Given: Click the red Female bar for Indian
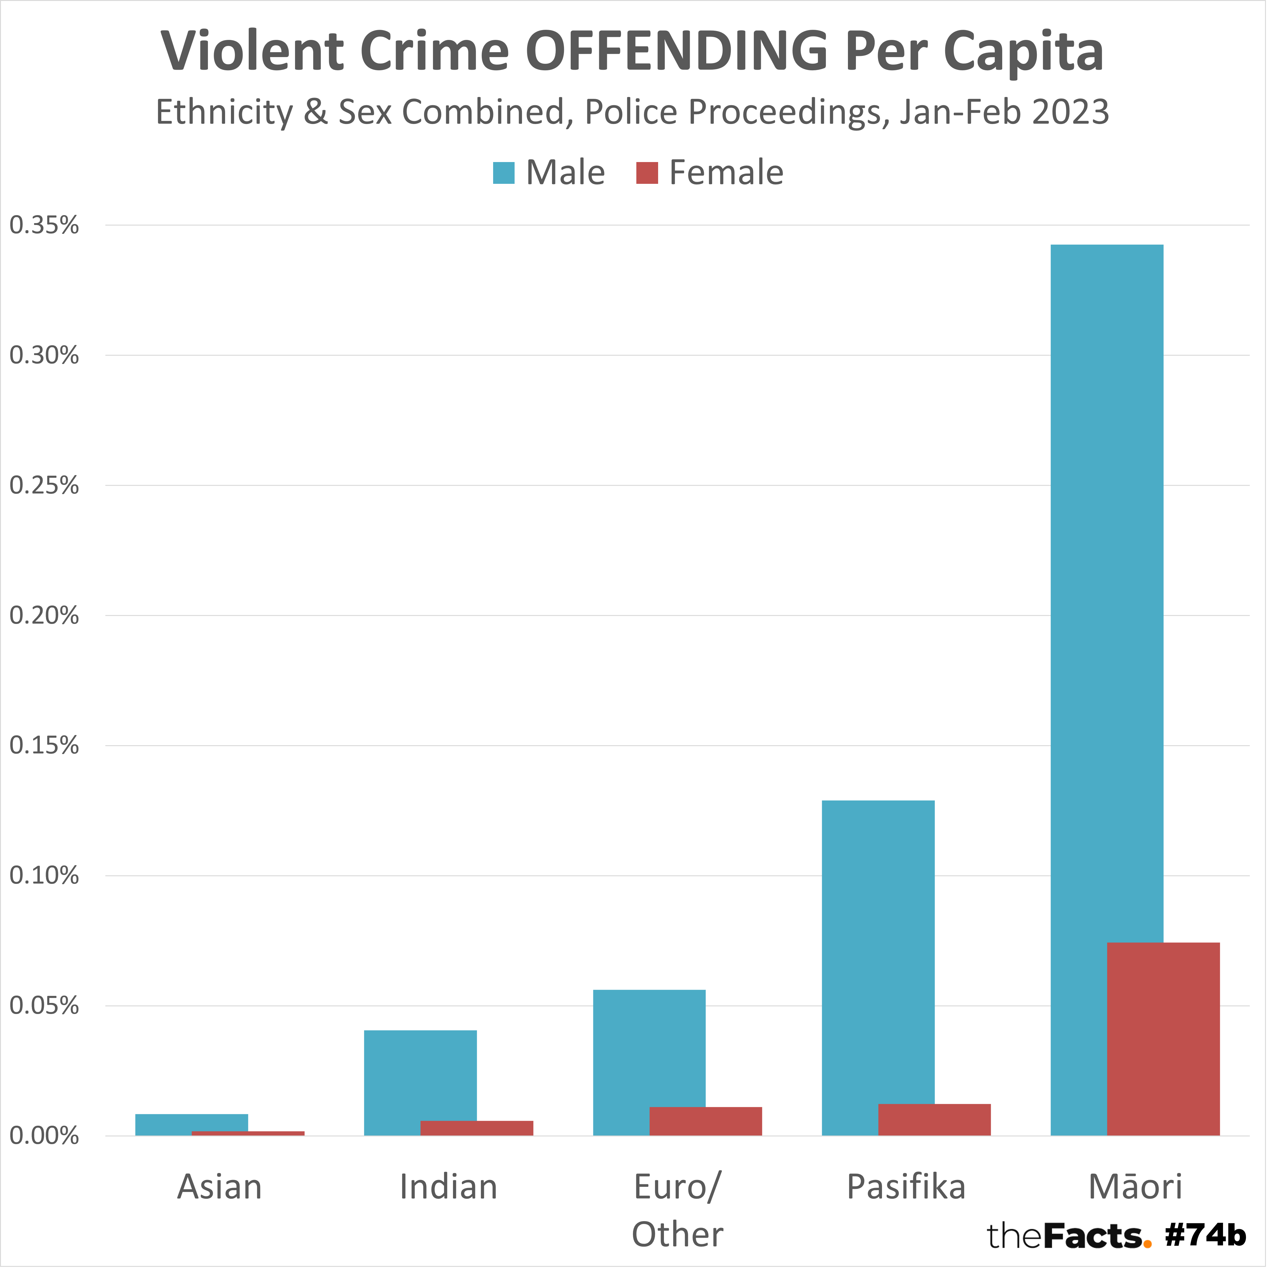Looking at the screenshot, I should [476, 1128].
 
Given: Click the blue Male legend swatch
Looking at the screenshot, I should [503, 173].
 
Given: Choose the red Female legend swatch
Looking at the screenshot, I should [647, 173].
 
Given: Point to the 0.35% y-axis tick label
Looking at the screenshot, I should [44, 225].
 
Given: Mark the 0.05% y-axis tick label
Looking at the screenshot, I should [44, 1006].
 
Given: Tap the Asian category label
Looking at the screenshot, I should [219, 1187].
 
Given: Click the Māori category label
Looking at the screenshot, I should [1135, 1187].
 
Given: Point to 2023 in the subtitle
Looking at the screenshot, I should [1070, 112].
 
